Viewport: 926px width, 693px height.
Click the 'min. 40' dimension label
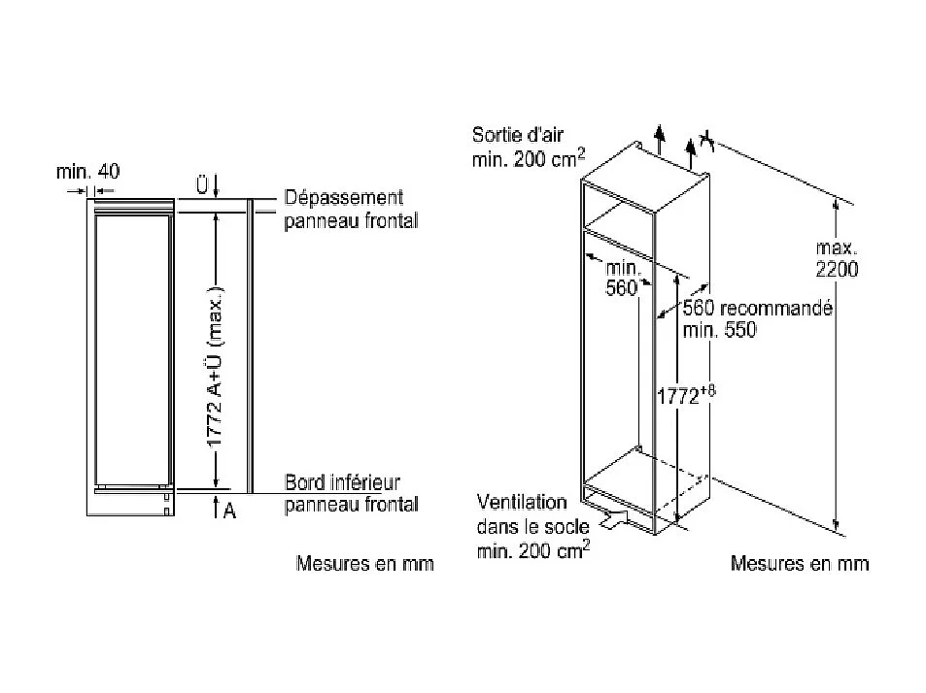[88, 172]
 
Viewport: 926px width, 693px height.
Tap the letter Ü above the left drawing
[202, 185]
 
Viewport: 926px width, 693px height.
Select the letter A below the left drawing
[229, 511]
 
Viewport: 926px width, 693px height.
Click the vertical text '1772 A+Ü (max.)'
[216, 367]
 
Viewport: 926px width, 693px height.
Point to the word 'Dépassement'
[344, 198]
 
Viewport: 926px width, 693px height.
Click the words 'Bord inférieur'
[343, 482]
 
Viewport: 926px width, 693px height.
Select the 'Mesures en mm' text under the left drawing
[365, 563]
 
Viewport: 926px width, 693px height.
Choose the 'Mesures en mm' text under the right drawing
[800, 563]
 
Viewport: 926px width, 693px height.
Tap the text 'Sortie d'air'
[517, 135]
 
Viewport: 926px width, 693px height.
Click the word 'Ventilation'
[522, 503]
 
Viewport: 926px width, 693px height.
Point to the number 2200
[837, 270]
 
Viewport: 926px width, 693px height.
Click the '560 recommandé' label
[758, 308]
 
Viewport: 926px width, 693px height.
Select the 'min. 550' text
[719, 330]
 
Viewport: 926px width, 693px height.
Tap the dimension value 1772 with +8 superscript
[686, 395]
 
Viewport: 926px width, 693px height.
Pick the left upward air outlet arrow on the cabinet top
[660, 139]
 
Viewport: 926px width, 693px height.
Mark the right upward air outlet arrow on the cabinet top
[690, 152]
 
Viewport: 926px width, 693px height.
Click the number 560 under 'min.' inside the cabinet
[621, 288]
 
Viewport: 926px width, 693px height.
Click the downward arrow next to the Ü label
[216, 186]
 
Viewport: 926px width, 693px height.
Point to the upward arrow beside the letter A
[216, 508]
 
